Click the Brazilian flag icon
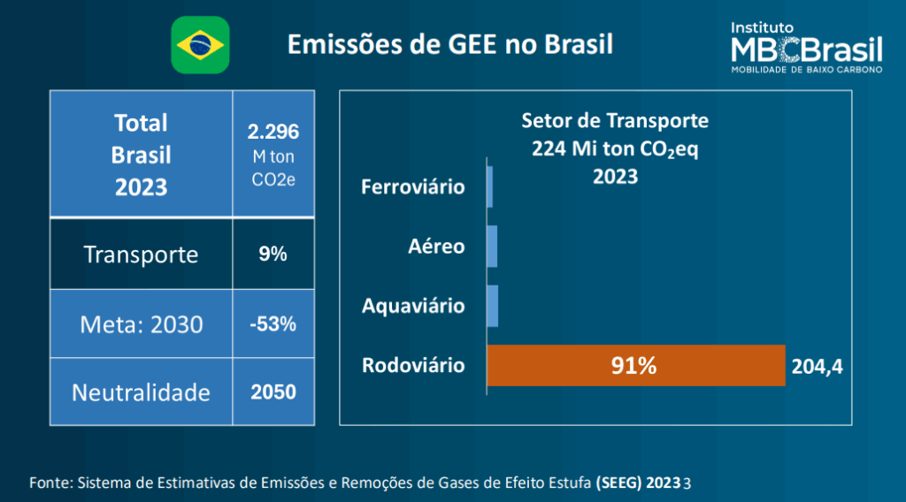(200, 45)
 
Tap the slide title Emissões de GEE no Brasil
(450, 44)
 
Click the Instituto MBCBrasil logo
(805, 48)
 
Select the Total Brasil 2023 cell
(141, 155)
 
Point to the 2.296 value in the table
(273, 133)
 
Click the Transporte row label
(141, 255)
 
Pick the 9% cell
(273, 255)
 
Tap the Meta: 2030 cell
(141, 324)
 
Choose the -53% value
(273, 324)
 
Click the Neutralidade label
(141, 392)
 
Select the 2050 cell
(273, 392)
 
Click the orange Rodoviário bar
(635, 365)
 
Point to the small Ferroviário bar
(489, 186)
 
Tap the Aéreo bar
(492, 247)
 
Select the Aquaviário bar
(493, 306)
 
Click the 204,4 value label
(818, 366)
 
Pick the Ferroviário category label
(413, 187)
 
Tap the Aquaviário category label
(413, 307)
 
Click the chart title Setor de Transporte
(615, 120)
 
